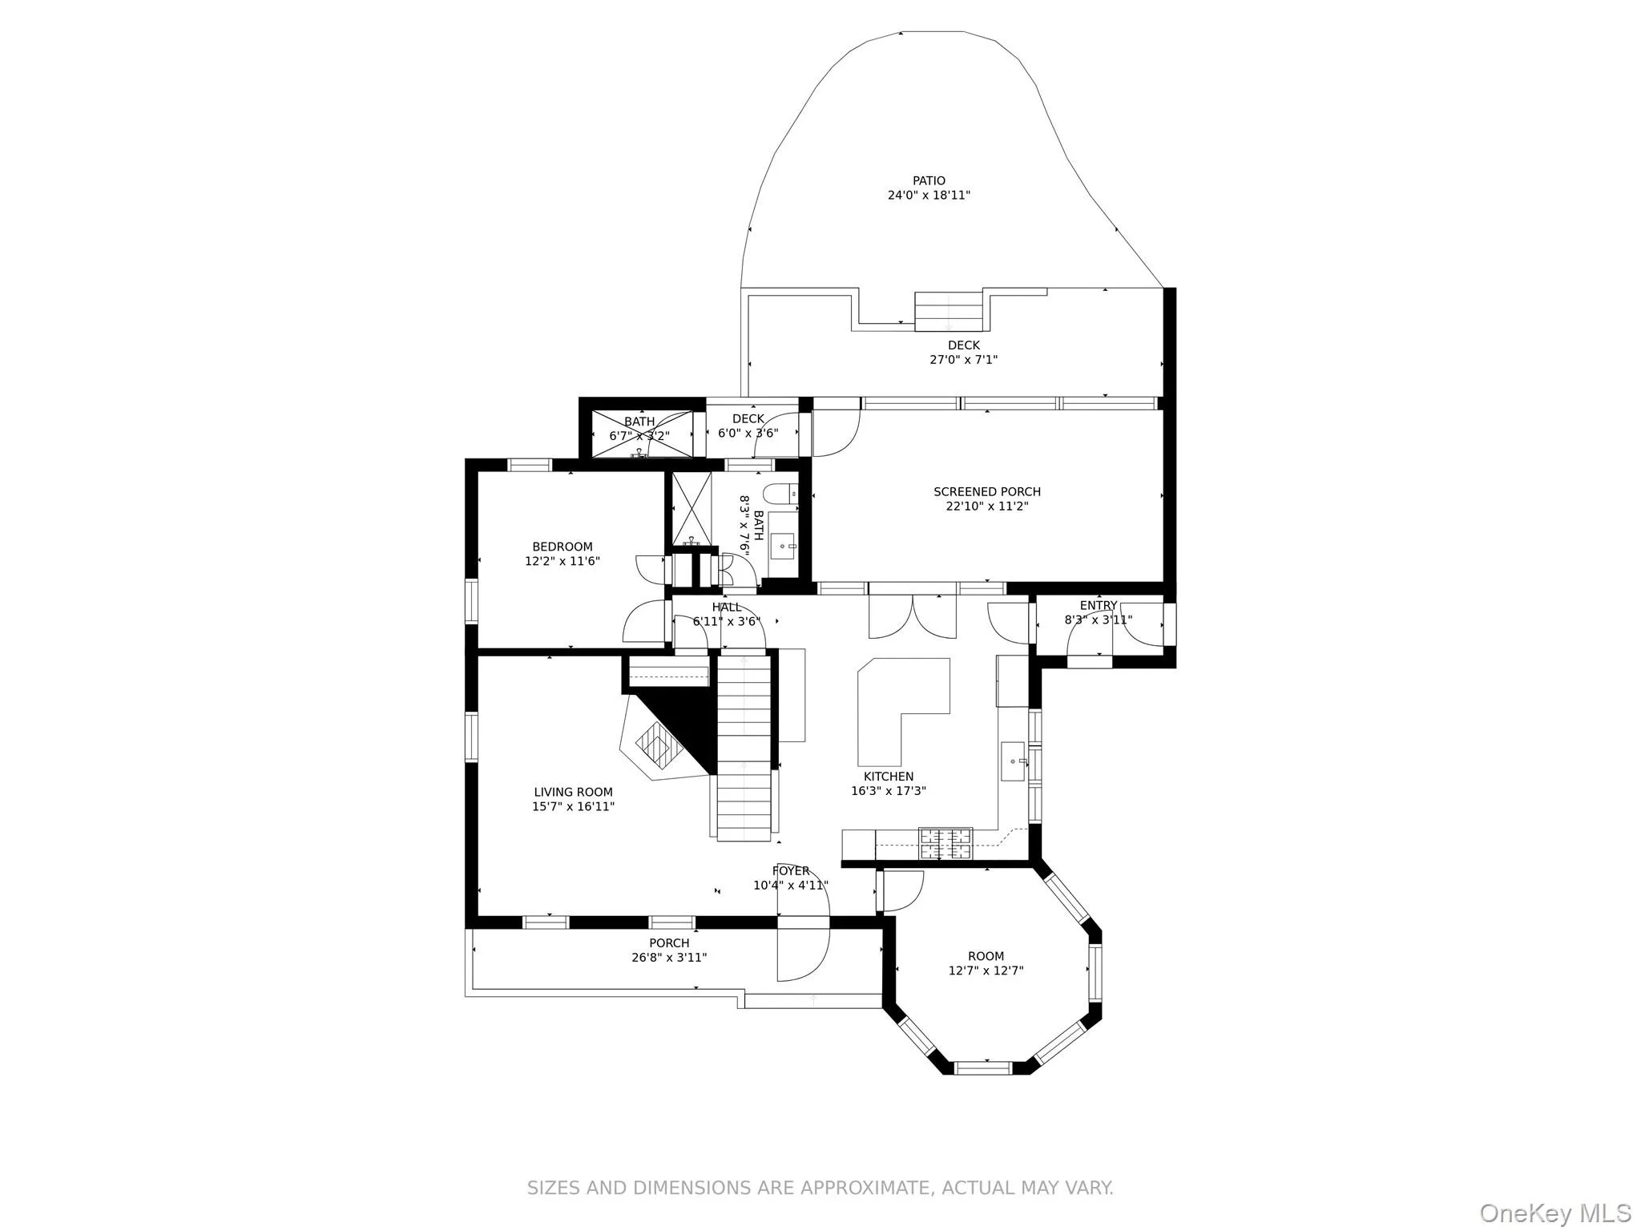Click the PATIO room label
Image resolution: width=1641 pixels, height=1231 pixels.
[x=929, y=181]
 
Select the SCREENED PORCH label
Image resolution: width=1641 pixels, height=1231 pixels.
[x=986, y=492]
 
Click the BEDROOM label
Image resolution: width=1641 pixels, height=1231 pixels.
[x=562, y=547]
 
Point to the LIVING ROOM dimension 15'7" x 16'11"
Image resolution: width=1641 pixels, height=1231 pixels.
[x=573, y=807]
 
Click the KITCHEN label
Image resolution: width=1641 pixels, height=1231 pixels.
[x=888, y=777]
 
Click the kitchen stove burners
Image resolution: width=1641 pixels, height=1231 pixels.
[x=945, y=844]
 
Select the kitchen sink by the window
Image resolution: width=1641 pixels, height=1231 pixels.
[x=1013, y=761]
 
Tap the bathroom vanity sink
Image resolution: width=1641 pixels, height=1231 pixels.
[x=783, y=547]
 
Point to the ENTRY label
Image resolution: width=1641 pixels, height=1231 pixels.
[x=1098, y=606]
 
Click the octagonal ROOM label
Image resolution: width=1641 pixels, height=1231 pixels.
[x=986, y=956]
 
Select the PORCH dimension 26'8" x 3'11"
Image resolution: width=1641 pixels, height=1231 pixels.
[x=669, y=958]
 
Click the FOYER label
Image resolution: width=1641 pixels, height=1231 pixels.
[x=790, y=871]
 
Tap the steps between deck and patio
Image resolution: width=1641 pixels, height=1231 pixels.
[x=949, y=312]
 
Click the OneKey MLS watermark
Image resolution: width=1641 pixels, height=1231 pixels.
[x=1554, y=1213]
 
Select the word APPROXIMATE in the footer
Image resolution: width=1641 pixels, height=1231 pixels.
[x=849, y=1188]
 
